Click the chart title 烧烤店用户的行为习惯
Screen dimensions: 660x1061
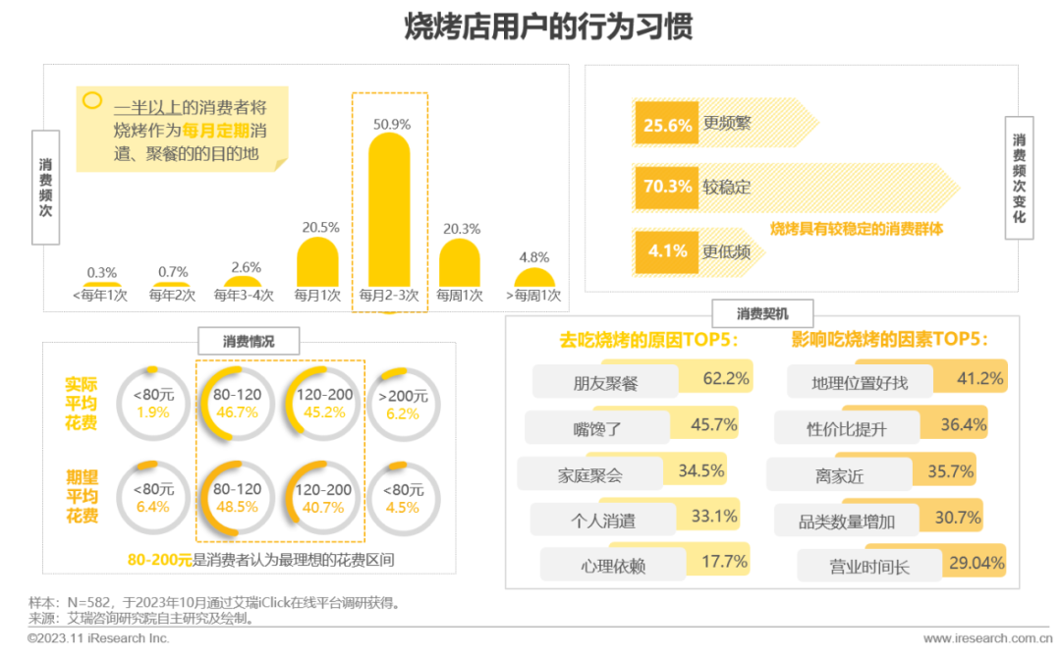pyautogui.click(x=548, y=27)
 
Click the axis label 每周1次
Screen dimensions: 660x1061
pyautogui.click(x=460, y=296)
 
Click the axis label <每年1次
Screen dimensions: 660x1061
pyautogui.click(x=101, y=296)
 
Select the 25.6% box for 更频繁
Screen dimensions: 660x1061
pyautogui.click(x=667, y=126)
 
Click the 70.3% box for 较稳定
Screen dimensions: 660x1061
pyautogui.click(x=667, y=187)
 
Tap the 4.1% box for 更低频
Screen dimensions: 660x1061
pyautogui.click(x=667, y=251)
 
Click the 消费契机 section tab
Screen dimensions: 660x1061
pyautogui.click(x=762, y=314)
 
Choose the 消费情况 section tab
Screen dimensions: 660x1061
pyautogui.click(x=249, y=342)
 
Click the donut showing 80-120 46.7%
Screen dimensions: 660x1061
pyautogui.click(x=237, y=404)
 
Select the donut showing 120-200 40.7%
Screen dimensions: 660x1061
pyautogui.click(x=323, y=498)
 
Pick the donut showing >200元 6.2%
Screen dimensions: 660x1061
pyautogui.click(x=403, y=404)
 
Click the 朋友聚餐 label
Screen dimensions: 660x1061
pyautogui.click(x=606, y=383)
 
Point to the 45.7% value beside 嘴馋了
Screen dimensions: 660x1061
pyautogui.click(x=713, y=424)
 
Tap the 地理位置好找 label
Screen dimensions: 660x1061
pyautogui.click(x=860, y=383)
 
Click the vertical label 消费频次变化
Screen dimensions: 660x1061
pyautogui.click(x=1020, y=178)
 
